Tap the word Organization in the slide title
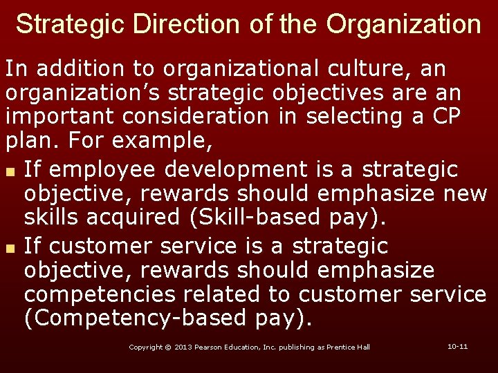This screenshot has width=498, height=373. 404,24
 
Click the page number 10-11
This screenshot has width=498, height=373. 458,346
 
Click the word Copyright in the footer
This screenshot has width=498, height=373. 146,347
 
